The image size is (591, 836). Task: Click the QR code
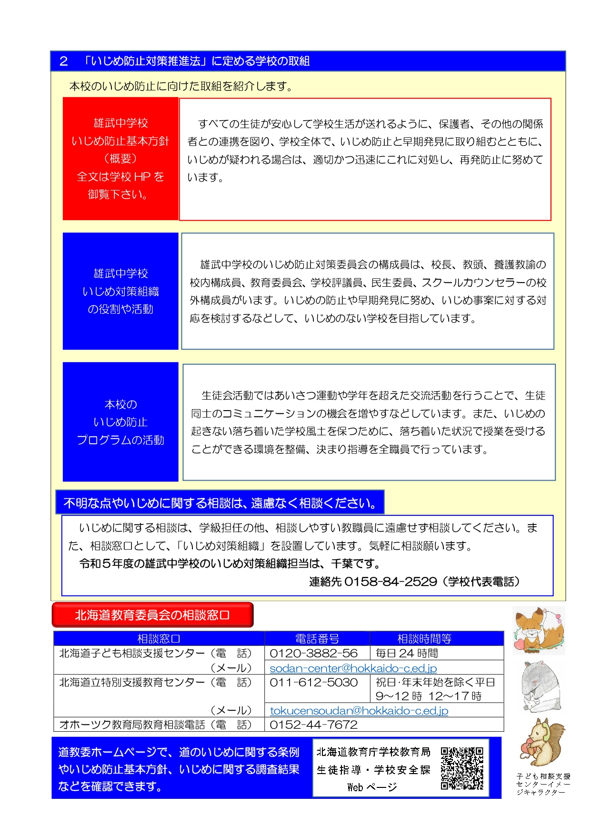tap(461, 768)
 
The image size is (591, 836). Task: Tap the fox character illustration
tap(538, 630)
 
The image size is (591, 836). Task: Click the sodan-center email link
tap(353, 668)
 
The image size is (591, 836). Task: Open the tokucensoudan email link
tap(359, 710)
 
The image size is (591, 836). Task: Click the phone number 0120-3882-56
tap(313, 653)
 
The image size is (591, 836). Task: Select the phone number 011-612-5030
tap(313, 682)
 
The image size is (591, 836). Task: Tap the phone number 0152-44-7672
tap(313, 725)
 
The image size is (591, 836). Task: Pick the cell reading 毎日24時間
tap(407, 653)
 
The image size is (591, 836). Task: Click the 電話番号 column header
tap(317, 638)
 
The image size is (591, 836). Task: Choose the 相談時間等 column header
tap(424, 638)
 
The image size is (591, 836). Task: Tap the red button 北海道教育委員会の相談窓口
tap(152, 615)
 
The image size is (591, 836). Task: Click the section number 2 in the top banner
tap(64, 61)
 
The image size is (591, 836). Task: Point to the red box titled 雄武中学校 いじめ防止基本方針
tap(120, 159)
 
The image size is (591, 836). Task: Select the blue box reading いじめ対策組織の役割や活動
tap(120, 291)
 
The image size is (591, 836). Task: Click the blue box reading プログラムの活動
tap(120, 422)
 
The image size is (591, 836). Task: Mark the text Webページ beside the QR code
tap(372, 787)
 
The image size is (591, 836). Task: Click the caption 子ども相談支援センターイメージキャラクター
tap(543, 784)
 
